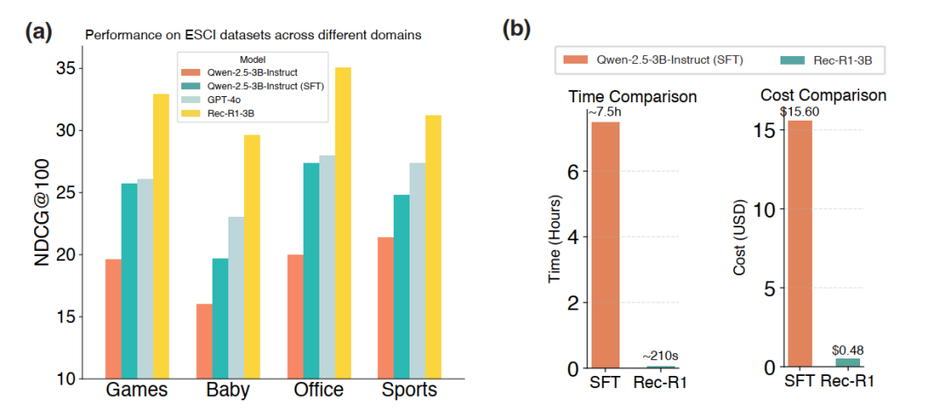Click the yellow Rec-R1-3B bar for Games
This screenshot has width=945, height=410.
click(x=161, y=236)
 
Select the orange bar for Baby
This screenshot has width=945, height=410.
click(x=204, y=341)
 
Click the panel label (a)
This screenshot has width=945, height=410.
click(x=39, y=32)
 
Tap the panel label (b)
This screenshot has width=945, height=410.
click(x=516, y=30)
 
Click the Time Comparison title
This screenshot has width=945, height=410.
click(x=633, y=95)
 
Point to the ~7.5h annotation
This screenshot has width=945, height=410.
click(x=605, y=111)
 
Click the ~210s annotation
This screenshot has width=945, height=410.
click(x=661, y=356)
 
